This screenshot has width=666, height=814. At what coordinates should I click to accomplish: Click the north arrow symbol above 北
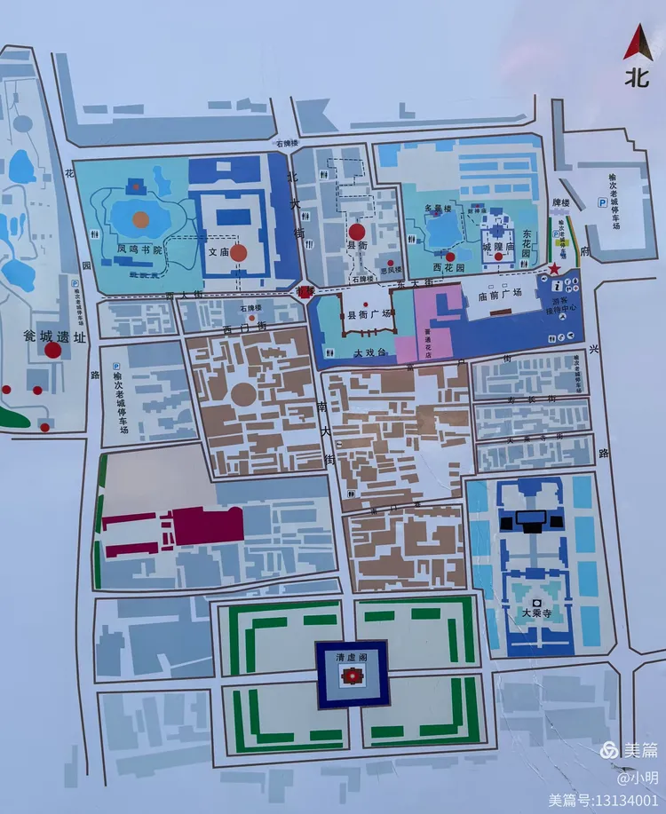tap(636, 42)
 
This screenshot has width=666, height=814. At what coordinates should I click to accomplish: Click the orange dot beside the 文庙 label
tap(239, 252)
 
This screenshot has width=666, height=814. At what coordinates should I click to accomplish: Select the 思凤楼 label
tap(391, 270)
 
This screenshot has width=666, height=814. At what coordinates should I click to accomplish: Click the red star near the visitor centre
tap(555, 268)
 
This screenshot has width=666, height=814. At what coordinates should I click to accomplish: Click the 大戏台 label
tap(370, 352)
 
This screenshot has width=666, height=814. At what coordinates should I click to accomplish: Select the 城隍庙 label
tap(498, 241)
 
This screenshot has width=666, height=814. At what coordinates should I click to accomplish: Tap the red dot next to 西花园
tap(450, 257)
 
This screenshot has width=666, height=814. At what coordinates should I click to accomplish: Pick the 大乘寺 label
tap(536, 612)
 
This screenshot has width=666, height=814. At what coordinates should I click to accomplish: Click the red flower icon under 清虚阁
tap(351, 679)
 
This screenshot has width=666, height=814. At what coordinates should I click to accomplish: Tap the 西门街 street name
tap(241, 328)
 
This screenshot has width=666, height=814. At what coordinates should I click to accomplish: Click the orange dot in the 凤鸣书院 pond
tap(140, 217)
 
